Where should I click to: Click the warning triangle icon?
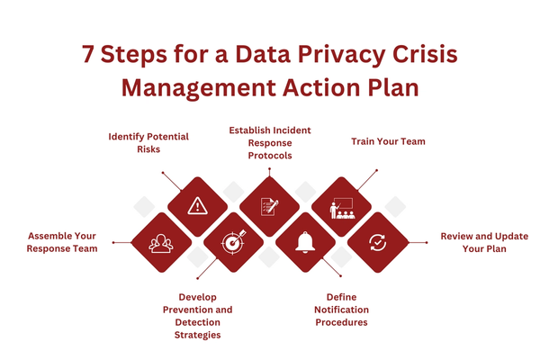point(197,206)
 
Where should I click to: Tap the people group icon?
point(161,242)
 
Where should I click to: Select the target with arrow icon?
point(233,242)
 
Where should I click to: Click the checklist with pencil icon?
point(269,206)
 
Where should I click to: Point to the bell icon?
point(305,242)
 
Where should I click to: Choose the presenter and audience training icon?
point(341,206)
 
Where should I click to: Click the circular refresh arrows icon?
point(377,242)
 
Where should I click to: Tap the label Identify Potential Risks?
point(148,143)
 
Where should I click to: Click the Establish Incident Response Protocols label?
point(270,143)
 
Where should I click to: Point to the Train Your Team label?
point(387,142)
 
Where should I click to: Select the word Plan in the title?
point(389,90)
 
